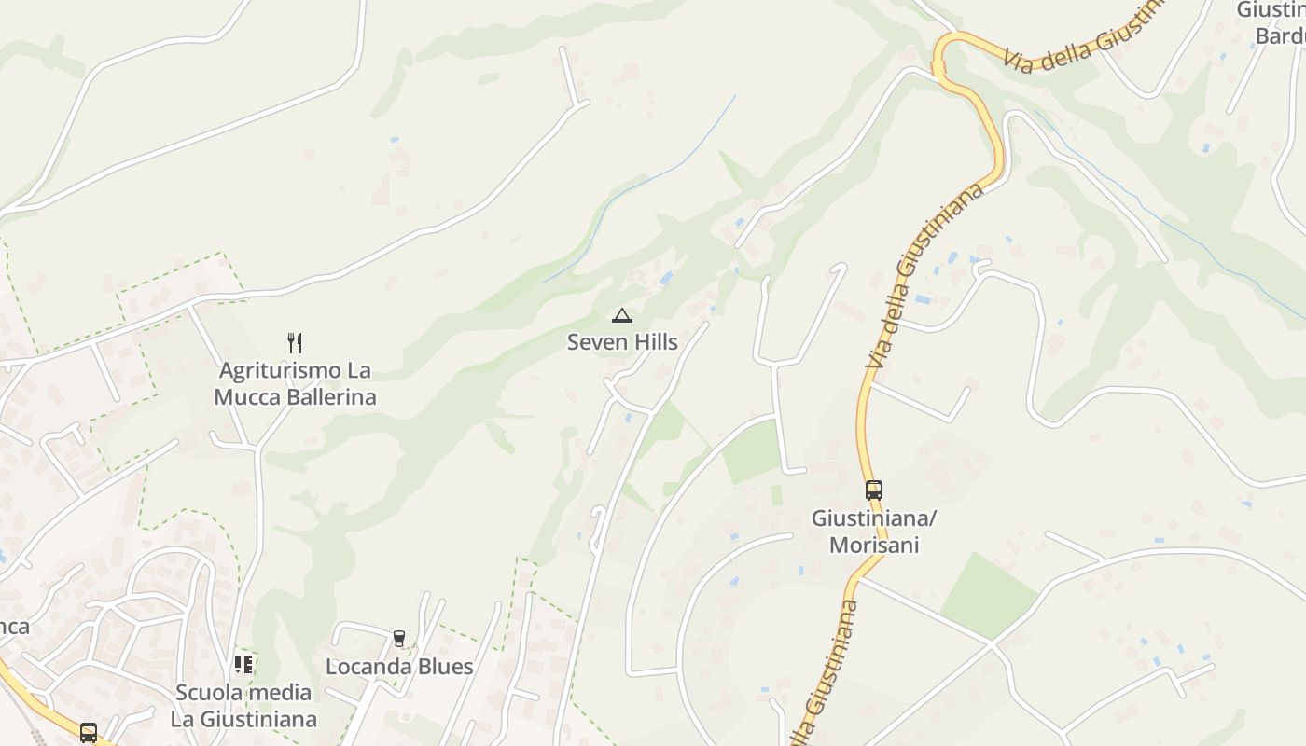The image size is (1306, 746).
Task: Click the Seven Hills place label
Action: click(x=622, y=342)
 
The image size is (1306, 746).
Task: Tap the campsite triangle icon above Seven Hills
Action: click(x=621, y=315)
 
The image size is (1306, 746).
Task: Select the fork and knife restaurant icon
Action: click(x=295, y=342)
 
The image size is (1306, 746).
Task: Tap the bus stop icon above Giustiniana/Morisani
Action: click(x=873, y=490)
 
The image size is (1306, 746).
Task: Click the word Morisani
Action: click(x=874, y=545)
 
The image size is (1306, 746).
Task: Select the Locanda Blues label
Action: click(x=399, y=667)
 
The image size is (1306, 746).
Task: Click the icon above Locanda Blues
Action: click(x=399, y=639)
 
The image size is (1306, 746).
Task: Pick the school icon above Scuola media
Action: click(x=243, y=665)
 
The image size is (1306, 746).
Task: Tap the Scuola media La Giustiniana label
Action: click(x=243, y=706)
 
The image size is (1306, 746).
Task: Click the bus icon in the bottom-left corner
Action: click(x=89, y=732)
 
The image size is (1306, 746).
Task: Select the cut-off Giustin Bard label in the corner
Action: click(x=1272, y=22)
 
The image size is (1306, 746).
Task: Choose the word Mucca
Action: click(x=244, y=397)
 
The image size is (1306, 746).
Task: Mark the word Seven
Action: click(x=593, y=342)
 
